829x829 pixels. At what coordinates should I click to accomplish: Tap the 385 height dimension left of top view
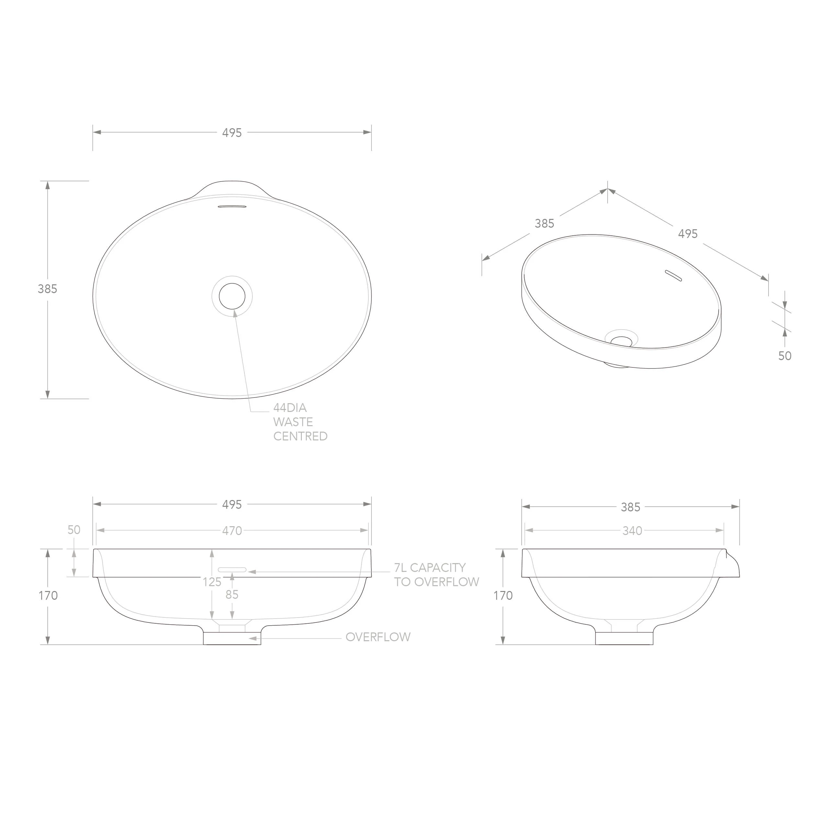coord(47,289)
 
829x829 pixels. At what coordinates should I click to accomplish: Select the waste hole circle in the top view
coord(232,296)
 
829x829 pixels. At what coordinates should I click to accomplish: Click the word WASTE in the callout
coord(293,422)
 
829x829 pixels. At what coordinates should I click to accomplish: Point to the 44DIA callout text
coord(290,408)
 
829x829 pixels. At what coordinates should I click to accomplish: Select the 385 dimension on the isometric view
coord(544,223)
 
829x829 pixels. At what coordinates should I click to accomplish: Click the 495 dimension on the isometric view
coord(688,234)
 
